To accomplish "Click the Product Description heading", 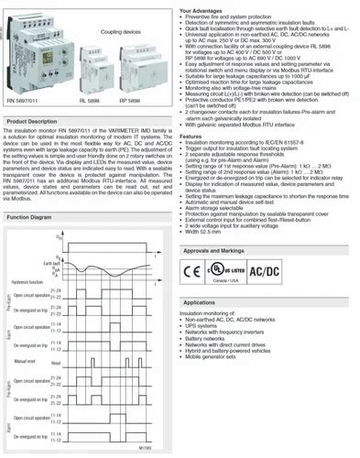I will click(x=31, y=122).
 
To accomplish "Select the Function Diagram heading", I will click(x=28, y=217).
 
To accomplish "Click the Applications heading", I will click(x=199, y=301).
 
